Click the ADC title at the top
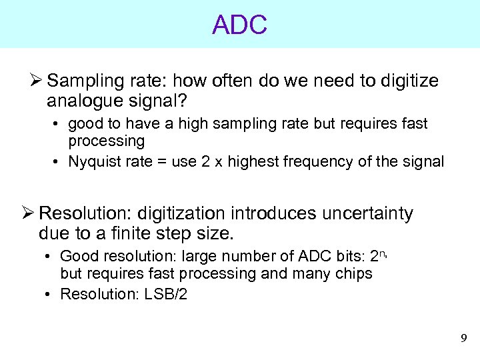239,25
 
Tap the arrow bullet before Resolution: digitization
28,213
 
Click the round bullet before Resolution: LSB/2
51,295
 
